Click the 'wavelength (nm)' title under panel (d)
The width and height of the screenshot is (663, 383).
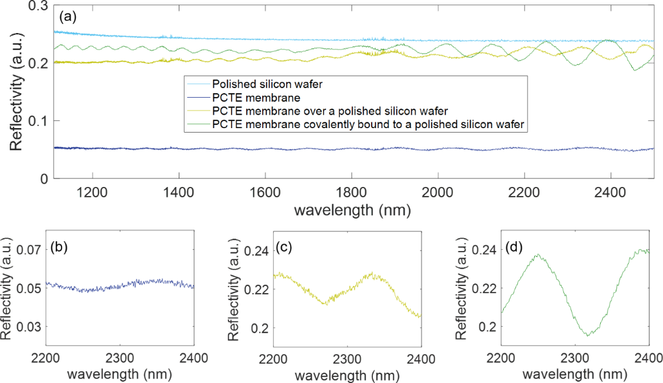coord(574,373)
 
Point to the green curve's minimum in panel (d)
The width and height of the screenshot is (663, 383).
coord(588,336)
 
